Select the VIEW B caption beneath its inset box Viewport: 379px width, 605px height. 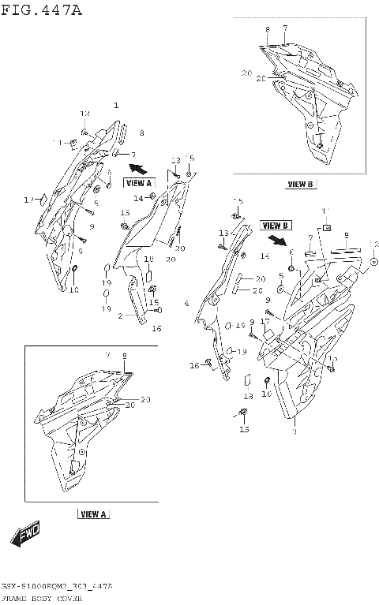[300, 185]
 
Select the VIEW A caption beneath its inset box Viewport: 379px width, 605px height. [93, 514]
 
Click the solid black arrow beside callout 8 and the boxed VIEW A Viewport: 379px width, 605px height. [137, 166]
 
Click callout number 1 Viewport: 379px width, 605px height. [116, 105]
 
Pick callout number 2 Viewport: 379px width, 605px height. [120, 316]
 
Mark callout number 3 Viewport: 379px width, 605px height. [294, 432]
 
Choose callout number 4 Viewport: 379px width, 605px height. [186, 303]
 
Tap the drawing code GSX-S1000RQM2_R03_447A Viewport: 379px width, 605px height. [57, 588]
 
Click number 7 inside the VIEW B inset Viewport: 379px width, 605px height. [285, 28]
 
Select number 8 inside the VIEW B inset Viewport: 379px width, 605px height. [268, 29]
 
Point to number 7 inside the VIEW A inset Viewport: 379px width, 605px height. [107, 356]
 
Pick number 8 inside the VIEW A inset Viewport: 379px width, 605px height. [123, 356]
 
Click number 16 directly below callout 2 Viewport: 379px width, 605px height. [156, 328]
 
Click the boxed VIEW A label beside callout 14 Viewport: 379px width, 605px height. [138, 183]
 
